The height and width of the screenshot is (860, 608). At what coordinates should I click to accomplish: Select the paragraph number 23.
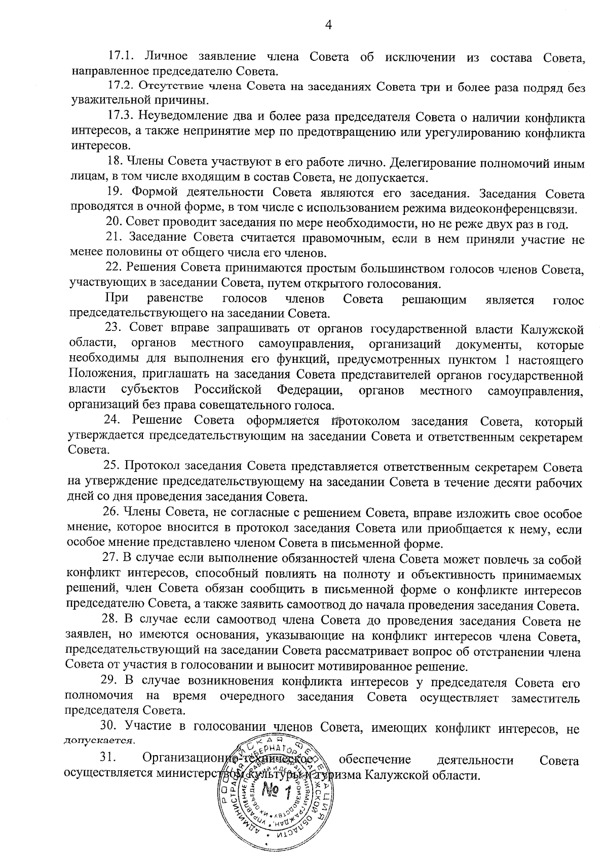coord(115,330)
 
